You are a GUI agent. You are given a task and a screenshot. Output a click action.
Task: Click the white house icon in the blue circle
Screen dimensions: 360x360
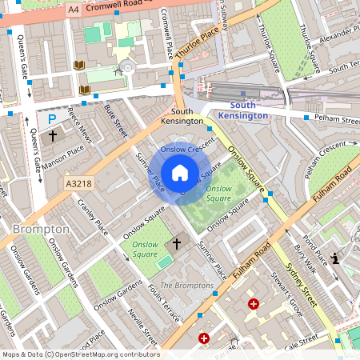180,172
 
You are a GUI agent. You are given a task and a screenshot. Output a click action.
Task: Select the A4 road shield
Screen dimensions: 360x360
74,9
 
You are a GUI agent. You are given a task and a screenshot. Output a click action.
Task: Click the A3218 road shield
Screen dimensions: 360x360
78,184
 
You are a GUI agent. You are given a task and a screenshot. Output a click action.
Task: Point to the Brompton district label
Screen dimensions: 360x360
41,229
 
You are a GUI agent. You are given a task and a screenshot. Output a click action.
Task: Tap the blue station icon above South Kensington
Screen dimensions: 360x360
243,94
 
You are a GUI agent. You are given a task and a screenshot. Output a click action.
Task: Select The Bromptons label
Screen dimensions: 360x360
187,286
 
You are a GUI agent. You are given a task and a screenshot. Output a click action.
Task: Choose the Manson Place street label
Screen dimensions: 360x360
64,150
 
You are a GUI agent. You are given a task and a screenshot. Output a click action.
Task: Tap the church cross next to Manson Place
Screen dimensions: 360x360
53,136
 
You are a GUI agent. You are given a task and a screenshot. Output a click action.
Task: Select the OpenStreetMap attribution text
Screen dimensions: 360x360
80,354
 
